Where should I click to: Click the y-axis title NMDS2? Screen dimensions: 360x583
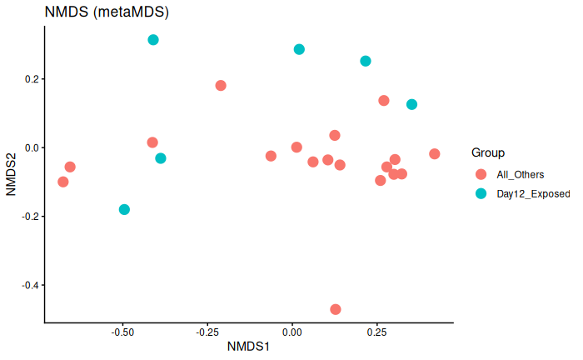click(12, 173)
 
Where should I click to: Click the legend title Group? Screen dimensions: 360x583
click(488, 152)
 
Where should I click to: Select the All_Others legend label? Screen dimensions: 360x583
click(520, 174)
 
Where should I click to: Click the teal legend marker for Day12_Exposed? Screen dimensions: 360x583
click(481, 193)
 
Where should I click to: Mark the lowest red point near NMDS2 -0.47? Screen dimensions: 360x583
click(336, 309)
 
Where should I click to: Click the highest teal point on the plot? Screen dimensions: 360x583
click(153, 40)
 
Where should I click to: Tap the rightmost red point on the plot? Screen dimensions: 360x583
click(435, 154)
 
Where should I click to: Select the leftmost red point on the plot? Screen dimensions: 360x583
click(63, 182)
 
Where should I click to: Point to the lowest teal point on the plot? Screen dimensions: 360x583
click(124, 209)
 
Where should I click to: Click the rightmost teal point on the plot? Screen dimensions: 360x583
click(411, 104)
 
